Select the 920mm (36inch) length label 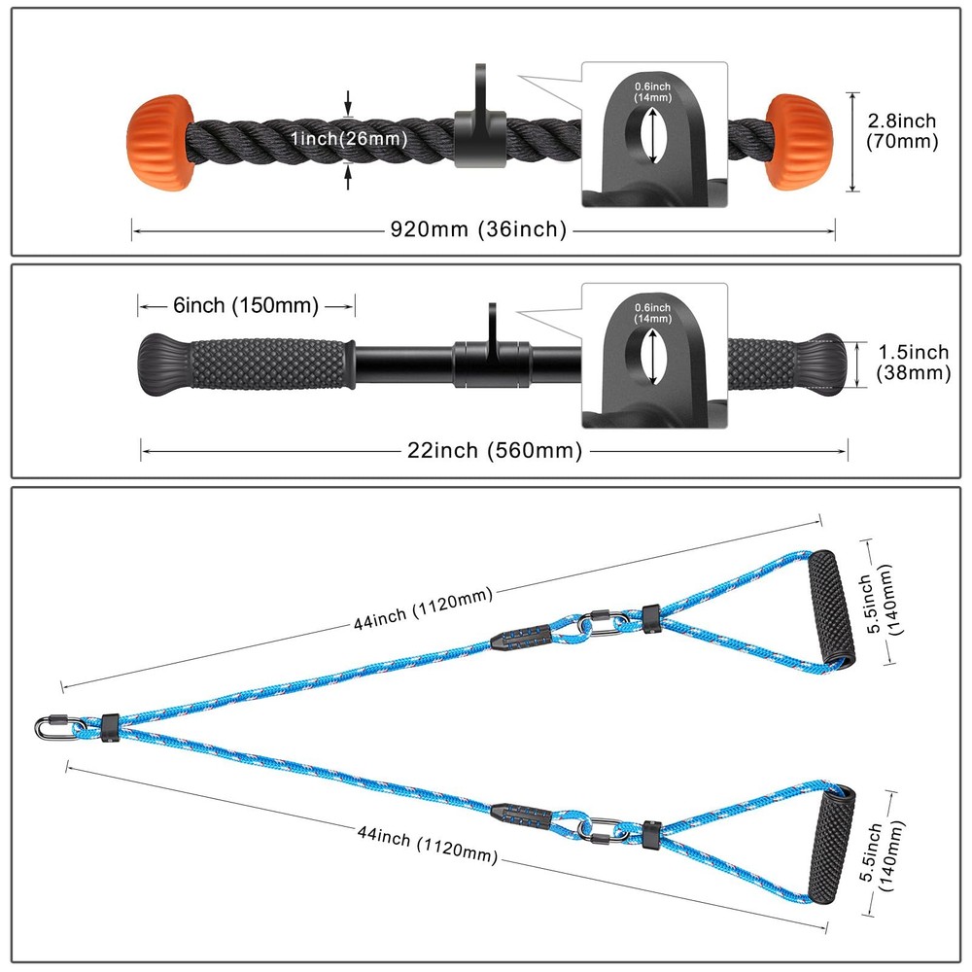[478, 229]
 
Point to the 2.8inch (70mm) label [901, 131]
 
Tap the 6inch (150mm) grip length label [245, 305]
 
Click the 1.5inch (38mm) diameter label [912, 362]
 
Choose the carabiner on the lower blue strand [602, 830]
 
